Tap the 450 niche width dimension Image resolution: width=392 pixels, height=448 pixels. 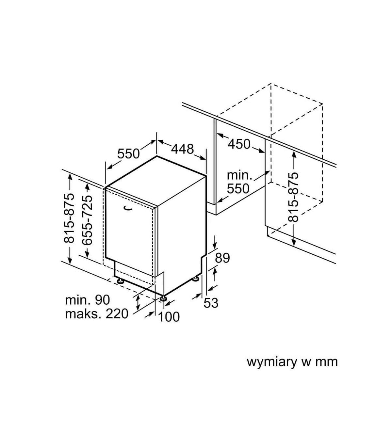click(239, 144)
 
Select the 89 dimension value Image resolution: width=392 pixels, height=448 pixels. click(222, 258)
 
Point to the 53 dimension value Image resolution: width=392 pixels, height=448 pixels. click(211, 303)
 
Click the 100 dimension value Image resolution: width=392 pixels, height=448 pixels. click(169, 317)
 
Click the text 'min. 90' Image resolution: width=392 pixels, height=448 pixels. click(88, 300)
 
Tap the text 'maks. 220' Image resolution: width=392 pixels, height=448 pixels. click(97, 314)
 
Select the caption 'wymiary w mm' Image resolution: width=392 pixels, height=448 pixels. click(292, 362)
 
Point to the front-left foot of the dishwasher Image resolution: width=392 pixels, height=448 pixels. click(120, 280)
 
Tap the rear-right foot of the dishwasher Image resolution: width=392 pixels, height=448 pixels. click(196, 279)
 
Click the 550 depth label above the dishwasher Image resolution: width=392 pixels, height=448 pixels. click(128, 153)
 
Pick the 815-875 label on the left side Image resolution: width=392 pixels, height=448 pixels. click(69, 218)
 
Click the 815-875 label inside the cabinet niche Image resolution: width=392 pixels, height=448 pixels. click(294, 198)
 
